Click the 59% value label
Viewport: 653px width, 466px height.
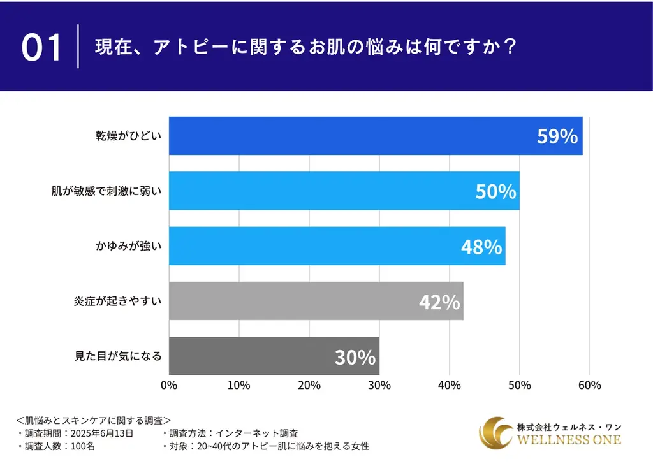(x=557, y=136)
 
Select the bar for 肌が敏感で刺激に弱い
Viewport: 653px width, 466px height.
(x=344, y=191)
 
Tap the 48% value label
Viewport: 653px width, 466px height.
(x=481, y=247)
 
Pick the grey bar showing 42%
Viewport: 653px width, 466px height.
(x=316, y=301)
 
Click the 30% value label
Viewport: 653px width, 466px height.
(x=355, y=358)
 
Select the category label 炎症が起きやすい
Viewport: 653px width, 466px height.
(x=118, y=301)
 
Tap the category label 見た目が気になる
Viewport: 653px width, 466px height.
(x=118, y=356)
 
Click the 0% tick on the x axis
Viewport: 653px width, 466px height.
(x=168, y=385)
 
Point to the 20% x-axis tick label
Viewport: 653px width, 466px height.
(x=309, y=385)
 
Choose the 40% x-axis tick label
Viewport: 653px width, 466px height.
(x=449, y=385)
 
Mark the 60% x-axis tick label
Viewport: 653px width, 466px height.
(x=589, y=385)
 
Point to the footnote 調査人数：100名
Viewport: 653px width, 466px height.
(x=56, y=446)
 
